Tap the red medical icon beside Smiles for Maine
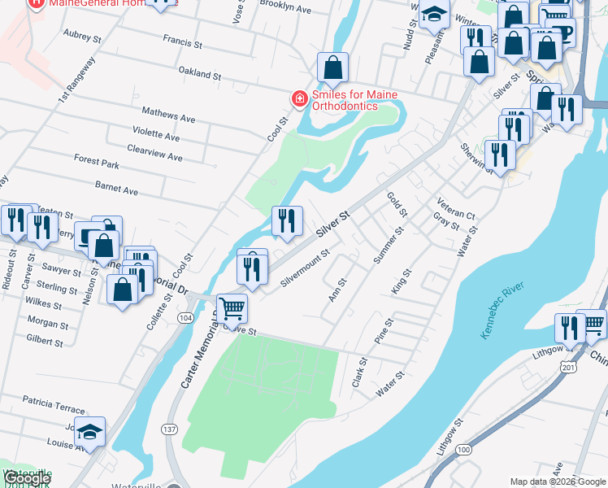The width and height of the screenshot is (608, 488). (299, 99)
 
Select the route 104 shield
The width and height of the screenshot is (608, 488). (187, 316)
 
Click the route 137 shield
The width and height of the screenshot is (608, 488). (169, 429)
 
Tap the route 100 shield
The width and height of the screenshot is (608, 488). (464, 449)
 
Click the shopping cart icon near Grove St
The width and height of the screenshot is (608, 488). (232, 309)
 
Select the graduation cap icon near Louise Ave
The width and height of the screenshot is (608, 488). (91, 431)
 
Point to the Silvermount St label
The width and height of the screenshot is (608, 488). (305, 268)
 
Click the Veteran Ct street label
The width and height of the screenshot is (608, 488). (455, 208)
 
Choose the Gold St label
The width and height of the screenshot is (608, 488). (397, 204)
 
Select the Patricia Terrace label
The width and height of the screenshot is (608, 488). (54, 403)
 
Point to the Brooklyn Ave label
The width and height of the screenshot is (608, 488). (285, 8)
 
